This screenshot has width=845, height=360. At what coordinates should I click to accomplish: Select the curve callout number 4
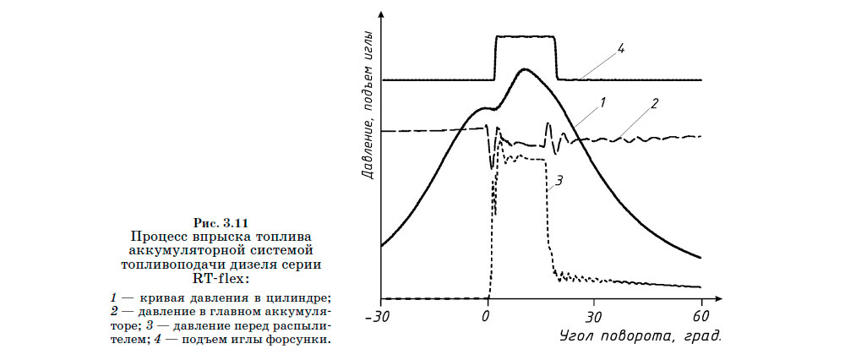(621, 49)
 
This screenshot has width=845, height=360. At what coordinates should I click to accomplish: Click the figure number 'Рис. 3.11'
(222, 222)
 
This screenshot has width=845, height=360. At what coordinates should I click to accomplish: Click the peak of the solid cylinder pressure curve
(525, 70)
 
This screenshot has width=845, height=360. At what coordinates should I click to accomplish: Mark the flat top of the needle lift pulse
(525, 36)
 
